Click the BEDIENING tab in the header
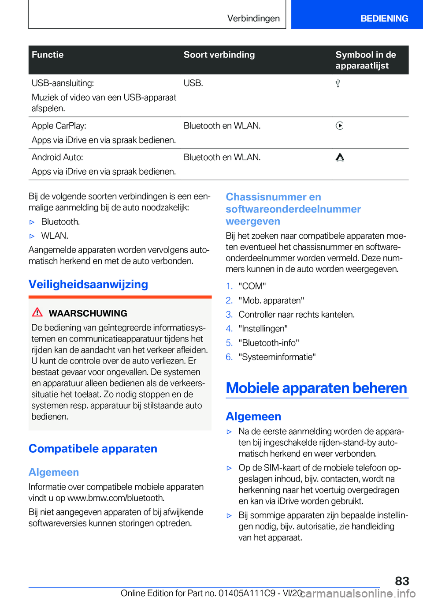pos(384,19)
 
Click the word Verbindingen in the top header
pos(253,19)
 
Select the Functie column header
pos(48,55)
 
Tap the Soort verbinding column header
pos(219,55)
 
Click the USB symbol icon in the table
pos(338,83)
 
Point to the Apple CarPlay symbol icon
pos(339,126)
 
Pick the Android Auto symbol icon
pos(340,158)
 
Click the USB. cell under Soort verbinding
pos(193,83)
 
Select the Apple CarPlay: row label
pos(59,126)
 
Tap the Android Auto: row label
pos(57,158)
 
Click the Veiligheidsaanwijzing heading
pos(88,284)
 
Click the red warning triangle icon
pos(37,312)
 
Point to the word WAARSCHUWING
pos(88,313)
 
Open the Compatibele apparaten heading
pos(93,449)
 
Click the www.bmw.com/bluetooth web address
pos(115,498)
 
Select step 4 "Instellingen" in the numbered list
pos(263,329)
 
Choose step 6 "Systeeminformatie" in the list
pos(277,357)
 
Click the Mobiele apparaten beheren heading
pos(316,388)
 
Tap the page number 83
pos(402,581)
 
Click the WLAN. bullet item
pos(55,236)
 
